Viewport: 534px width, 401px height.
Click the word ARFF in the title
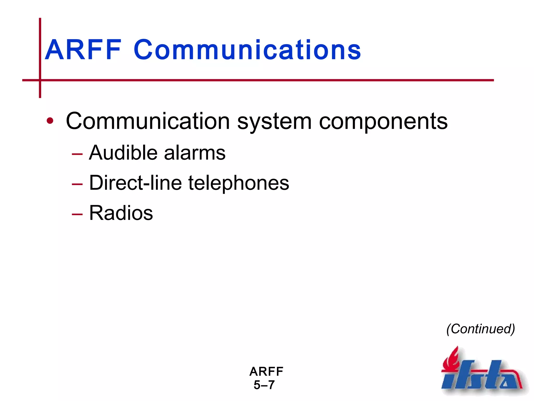(x=83, y=50)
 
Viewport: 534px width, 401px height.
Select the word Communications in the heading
(x=247, y=50)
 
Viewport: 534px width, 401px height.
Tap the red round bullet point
(x=50, y=121)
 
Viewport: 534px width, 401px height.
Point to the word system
(x=274, y=122)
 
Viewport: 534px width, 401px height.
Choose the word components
(x=383, y=122)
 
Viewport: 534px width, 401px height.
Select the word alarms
(x=195, y=153)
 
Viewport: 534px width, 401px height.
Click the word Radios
(x=121, y=213)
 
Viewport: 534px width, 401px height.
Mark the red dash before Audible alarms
(x=77, y=154)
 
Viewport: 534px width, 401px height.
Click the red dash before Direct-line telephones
(x=77, y=184)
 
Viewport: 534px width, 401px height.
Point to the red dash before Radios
(x=77, y=214)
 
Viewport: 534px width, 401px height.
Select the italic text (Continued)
(x=481, y=329)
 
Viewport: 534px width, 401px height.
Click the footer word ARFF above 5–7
(x=266, y=371)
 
